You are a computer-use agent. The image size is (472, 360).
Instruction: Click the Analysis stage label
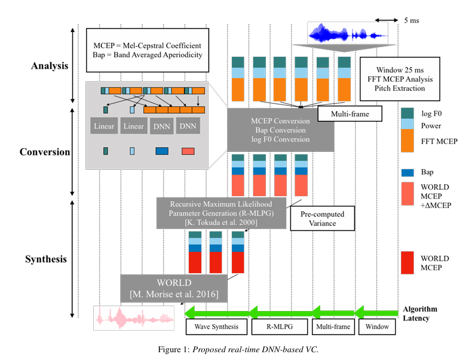pos(50,65)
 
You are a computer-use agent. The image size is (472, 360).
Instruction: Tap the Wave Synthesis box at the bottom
pos(216,327)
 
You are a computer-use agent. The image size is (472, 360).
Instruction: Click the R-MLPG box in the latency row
pos(278,327)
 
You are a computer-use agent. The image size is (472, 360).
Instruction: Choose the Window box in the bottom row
pos(376,327)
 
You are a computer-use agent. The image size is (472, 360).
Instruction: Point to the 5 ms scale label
pos(411,20)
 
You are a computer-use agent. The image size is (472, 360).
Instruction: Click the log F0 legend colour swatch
pos(408,113)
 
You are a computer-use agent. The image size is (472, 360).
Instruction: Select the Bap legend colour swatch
pos(408,172)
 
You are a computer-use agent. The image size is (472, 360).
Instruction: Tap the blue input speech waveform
pos(347,33)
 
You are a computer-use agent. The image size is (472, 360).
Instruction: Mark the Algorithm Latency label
pos(419,313)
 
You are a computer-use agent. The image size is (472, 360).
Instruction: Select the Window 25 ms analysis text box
pos(400,75)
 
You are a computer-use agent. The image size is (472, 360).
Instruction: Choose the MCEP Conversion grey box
pos(280,130)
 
